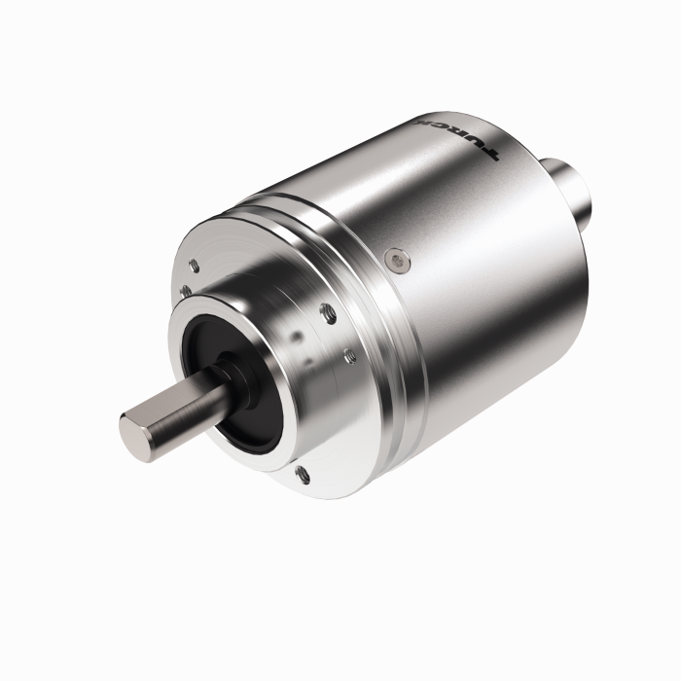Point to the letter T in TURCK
[x=489, y=153]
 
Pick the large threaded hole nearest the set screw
[x=327, y=313]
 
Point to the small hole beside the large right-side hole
[x=346, y=352]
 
